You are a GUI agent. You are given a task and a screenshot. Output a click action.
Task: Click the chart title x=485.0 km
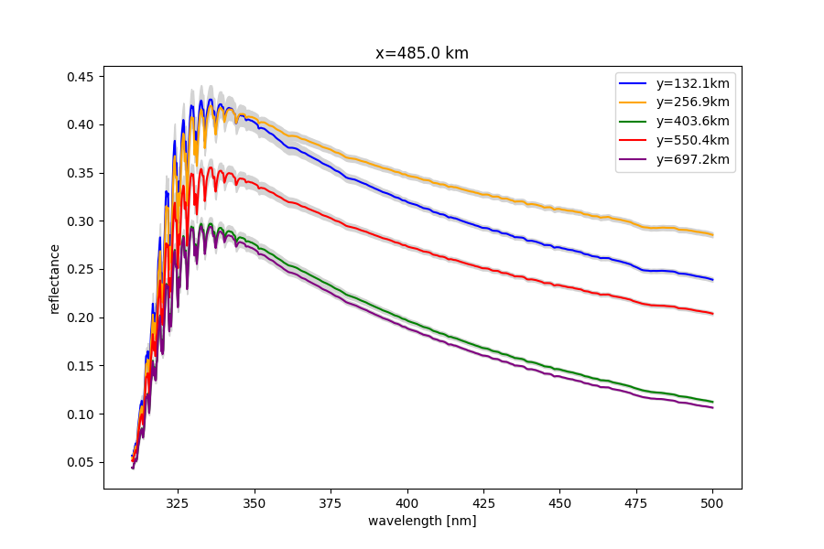pyautogui.click(x=422, y=53)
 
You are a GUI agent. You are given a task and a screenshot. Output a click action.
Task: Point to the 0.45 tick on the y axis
pyautogui.click(x=81, y=77)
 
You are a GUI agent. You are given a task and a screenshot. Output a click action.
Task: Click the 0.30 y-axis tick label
pyautogui.click(x=81, y=221)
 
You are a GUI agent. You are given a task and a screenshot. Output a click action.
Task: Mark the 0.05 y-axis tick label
pyautogui.click(x=81, y=462)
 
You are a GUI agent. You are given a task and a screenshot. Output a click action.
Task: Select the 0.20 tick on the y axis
pyautogui.click(x=81, y=318)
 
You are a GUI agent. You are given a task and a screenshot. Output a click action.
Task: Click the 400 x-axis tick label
pyautogui.click(x=407, y=502)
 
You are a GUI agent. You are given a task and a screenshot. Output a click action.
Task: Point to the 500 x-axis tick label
pyautogui.click(x=712, y=502)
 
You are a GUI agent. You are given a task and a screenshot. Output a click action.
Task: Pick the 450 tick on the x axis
pyautogui.click(x=559, y=502)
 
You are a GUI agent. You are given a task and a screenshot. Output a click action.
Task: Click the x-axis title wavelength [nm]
pyautogui.click(x=422, y=521)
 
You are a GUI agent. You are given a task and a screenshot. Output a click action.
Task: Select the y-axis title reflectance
pyautogui.click(x=54, y=278)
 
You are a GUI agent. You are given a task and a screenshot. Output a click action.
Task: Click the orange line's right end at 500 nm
pyautogui.click(x=712, y=235)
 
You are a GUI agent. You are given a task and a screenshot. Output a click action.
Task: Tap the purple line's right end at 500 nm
pyautogui.click(x=712, y=407)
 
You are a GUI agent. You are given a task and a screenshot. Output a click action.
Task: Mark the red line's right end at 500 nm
pyautogui.click(x=712, y=314)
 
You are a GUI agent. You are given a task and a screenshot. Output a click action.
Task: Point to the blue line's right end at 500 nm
pyautogui.click(x=712, y=279)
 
